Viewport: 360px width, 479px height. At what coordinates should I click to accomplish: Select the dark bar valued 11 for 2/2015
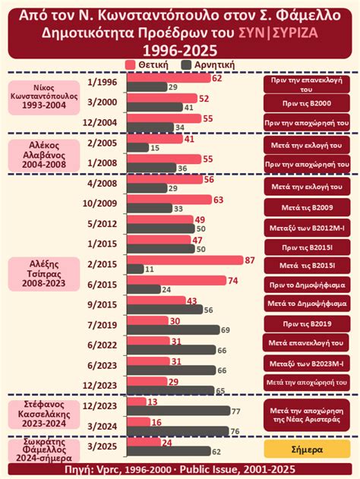(134, 269)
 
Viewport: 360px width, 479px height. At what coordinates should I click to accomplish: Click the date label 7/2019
(102, 324)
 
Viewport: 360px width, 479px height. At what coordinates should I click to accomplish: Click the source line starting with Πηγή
(180, 471)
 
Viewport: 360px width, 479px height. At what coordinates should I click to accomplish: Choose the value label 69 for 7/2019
(225, 330)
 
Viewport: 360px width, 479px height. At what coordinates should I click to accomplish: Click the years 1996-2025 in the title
(179, 49)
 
